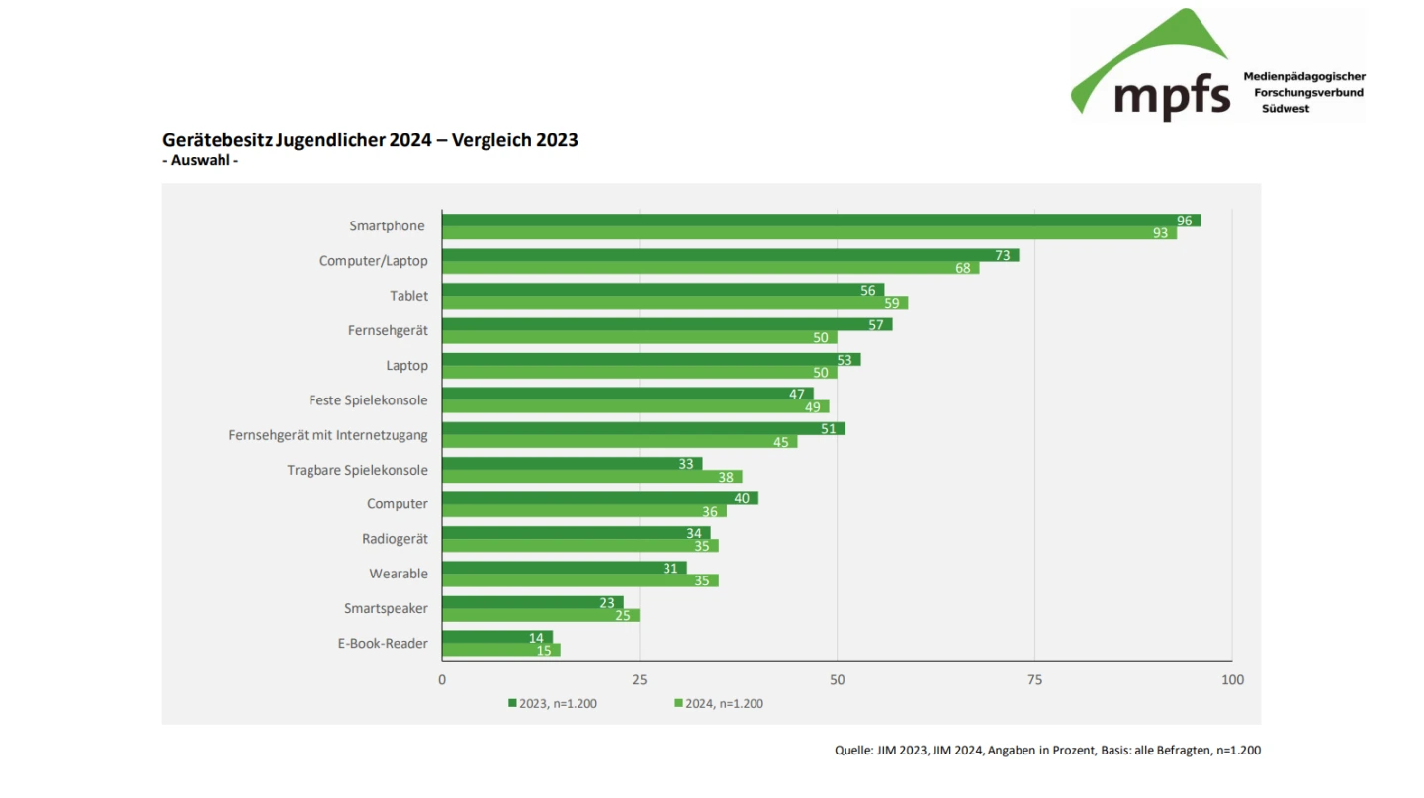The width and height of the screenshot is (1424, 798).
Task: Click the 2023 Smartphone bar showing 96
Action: (821, 221)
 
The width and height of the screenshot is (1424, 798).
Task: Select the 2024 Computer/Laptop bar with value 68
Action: (710, 268)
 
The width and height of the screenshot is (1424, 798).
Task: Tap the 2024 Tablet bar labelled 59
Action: (674, 303)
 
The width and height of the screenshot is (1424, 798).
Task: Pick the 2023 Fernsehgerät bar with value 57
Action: (667, 324)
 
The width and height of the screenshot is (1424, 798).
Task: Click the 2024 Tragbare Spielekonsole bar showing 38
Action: (591, 477)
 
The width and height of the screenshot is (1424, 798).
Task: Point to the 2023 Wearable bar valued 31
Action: (564, 568)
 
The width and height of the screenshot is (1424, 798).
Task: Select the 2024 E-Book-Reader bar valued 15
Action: (500, 650)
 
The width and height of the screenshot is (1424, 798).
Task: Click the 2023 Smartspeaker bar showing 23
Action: (532, 602)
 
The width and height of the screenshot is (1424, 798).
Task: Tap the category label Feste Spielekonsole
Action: (368, 400)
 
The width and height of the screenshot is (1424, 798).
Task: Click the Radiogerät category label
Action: (395, 539)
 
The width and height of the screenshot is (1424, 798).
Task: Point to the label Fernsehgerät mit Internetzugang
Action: (328, 435)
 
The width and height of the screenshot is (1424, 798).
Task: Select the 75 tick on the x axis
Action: (1034, 680)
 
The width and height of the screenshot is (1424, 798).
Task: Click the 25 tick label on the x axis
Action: (639, 680)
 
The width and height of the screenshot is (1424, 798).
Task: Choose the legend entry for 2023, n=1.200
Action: (553, 704)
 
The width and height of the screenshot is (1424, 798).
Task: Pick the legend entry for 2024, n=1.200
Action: (719, 704)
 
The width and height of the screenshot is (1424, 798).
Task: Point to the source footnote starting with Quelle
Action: (1047, 751)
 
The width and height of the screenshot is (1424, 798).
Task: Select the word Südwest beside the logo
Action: (1285, 109)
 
